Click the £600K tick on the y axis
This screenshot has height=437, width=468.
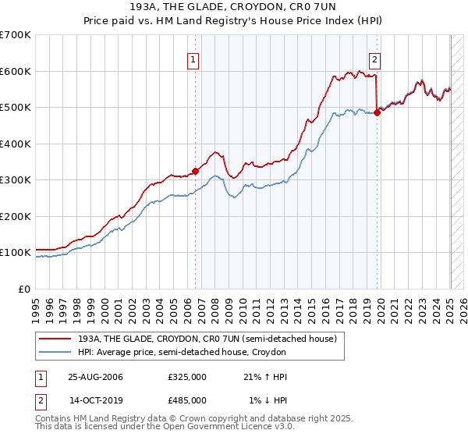16,71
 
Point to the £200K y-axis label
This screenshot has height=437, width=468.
16,216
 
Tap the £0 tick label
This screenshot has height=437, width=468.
23,289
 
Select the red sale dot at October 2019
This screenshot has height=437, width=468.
378,112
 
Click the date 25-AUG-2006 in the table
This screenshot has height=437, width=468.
96,377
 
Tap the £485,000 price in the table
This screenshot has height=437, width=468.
187,400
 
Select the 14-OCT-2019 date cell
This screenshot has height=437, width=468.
96,400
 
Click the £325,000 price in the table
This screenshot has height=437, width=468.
187,377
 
